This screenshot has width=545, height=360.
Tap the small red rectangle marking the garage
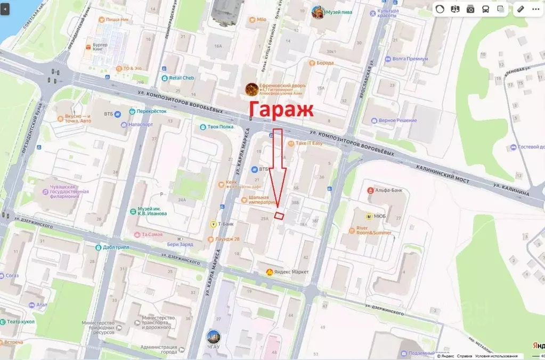[279, 215]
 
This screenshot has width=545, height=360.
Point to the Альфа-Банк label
[391, 190]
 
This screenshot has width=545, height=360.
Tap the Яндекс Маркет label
[292, 272]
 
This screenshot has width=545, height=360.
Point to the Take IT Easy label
[309, 143]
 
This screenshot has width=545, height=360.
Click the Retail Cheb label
[181, 78]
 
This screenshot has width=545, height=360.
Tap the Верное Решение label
[397, 120]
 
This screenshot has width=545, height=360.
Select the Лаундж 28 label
[229, 239]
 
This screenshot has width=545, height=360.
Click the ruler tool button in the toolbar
[520, 9]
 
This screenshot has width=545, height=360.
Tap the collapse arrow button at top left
[5, 9]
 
